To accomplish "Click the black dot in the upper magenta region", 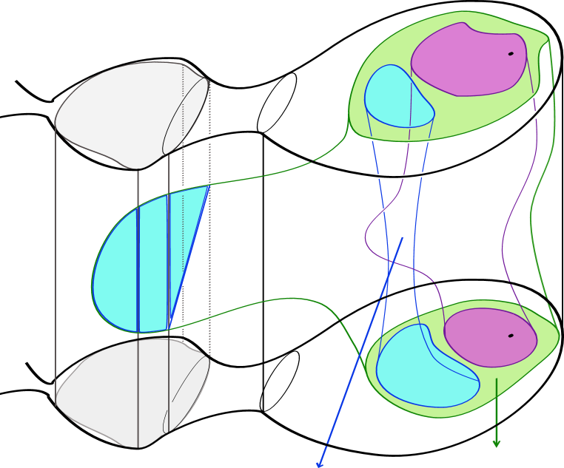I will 511,53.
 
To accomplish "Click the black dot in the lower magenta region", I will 511,336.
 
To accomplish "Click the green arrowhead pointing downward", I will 497,444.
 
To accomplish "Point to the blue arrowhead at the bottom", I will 320,464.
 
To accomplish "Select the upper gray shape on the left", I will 118,111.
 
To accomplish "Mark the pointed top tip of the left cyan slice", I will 208,186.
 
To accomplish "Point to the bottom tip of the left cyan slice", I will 168,329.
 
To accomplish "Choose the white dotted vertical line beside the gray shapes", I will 183,222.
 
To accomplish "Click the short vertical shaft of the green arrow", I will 497,407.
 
